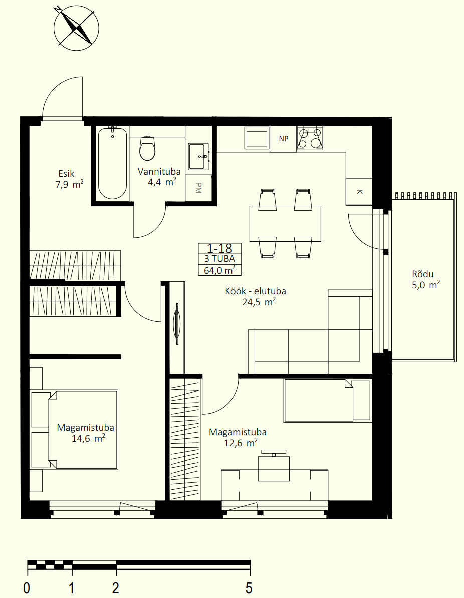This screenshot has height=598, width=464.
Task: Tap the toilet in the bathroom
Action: tap(148, 148)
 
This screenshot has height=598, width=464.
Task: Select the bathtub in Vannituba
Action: tap(112, 163)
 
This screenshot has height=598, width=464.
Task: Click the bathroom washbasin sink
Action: tap(198, 156)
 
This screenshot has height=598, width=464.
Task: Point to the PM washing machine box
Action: tap(198, 188)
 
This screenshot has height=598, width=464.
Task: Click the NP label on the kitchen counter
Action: tap(284, 139)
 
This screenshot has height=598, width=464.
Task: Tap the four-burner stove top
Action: tap(310, 138)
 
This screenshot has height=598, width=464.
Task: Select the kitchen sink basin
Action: tap(257, 139)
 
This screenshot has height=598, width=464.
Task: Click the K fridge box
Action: tap(359, 192)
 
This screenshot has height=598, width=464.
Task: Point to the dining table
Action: tap(285, 224)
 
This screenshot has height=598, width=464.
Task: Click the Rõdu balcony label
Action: tap(423, 274)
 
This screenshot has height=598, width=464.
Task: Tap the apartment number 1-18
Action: tap(219, 248)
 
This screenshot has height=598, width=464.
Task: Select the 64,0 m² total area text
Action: tap(219, 270)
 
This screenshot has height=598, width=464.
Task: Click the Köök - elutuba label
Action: tap(256, 291)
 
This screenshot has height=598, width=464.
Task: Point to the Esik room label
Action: tap(66, 174)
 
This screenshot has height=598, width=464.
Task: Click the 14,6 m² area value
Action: tap(88, 438)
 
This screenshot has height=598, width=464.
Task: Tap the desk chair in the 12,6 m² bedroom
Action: tap(274, 466)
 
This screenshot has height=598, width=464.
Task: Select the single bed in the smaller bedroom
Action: tap(327, 400)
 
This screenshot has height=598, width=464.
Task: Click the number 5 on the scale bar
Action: tap(249, 587)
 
